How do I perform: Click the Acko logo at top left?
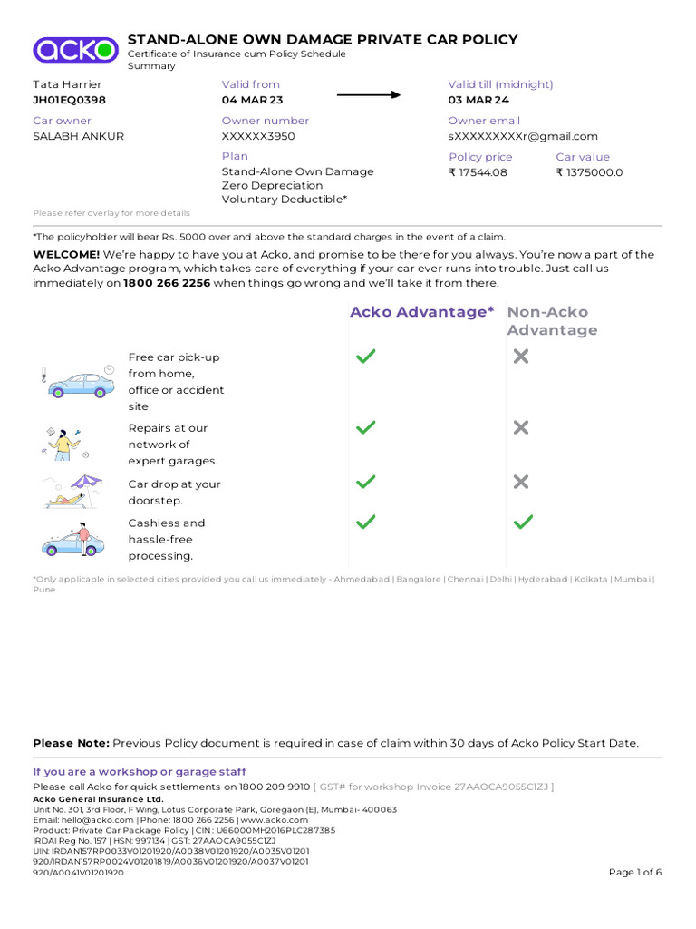click(75, 50)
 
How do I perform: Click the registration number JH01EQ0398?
click(69, 101)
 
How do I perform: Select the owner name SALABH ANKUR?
click(78, 137)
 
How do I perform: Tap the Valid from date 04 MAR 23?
click(252, 101)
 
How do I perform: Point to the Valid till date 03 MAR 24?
click(478, 101)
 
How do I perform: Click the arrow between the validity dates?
click(369, 94)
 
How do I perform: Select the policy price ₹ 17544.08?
click(478, 172)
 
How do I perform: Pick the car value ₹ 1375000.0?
click(589, 172)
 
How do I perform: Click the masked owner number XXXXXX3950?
click(258, 137)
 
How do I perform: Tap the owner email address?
click(523, 137)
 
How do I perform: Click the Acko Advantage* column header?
click(422, 312)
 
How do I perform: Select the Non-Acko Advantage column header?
click(552, 321)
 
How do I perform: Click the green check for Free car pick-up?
click(366, 357)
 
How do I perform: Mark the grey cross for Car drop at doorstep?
click(521, 482)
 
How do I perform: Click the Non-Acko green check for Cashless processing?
click(523, 522)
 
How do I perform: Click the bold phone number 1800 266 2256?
click(167, 283)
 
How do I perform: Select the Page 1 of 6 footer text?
click(635, 873)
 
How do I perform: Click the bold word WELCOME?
click(66, 255)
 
